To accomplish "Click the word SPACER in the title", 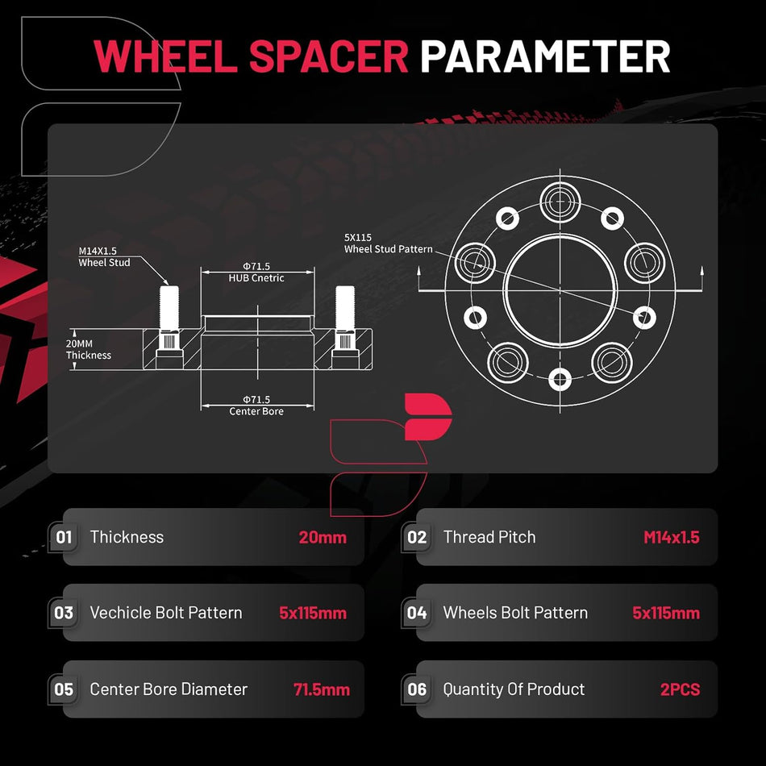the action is [329, 56].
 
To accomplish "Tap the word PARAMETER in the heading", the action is [545, 56].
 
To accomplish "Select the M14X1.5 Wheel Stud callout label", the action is [105, 256].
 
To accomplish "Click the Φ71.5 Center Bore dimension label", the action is [256, 406].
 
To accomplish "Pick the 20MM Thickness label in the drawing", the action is [89, 349].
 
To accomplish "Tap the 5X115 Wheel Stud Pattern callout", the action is [389, 244].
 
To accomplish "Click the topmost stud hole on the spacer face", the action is [560, 201].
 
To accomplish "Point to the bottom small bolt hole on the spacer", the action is [560, 380].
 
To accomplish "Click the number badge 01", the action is [64, 537].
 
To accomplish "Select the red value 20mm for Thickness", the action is [323, 537].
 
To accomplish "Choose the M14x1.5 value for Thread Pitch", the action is [671, 537].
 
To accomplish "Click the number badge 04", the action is [417, 613].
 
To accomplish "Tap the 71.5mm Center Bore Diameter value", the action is [322, 689].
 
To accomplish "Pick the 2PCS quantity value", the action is [680, 689].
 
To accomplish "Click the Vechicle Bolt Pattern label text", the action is [166, 613].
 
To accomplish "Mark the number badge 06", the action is [417, 689].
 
